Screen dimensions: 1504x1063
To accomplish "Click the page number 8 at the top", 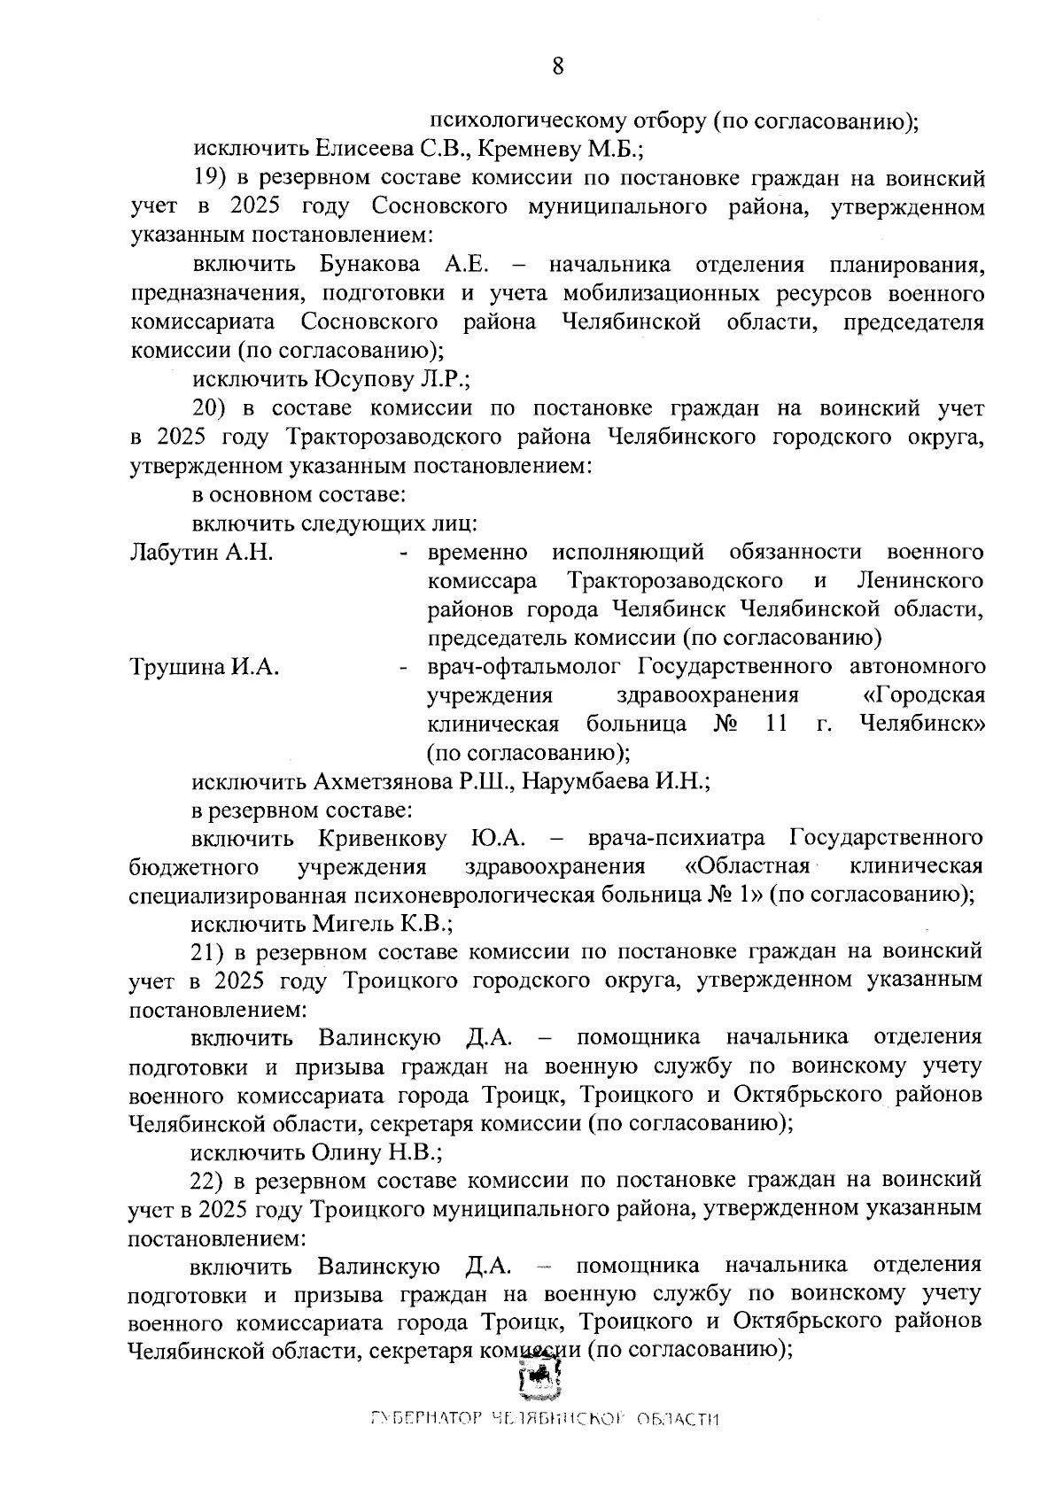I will coord(558,66).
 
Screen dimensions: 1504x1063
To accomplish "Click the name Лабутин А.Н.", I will coord(201,553).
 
